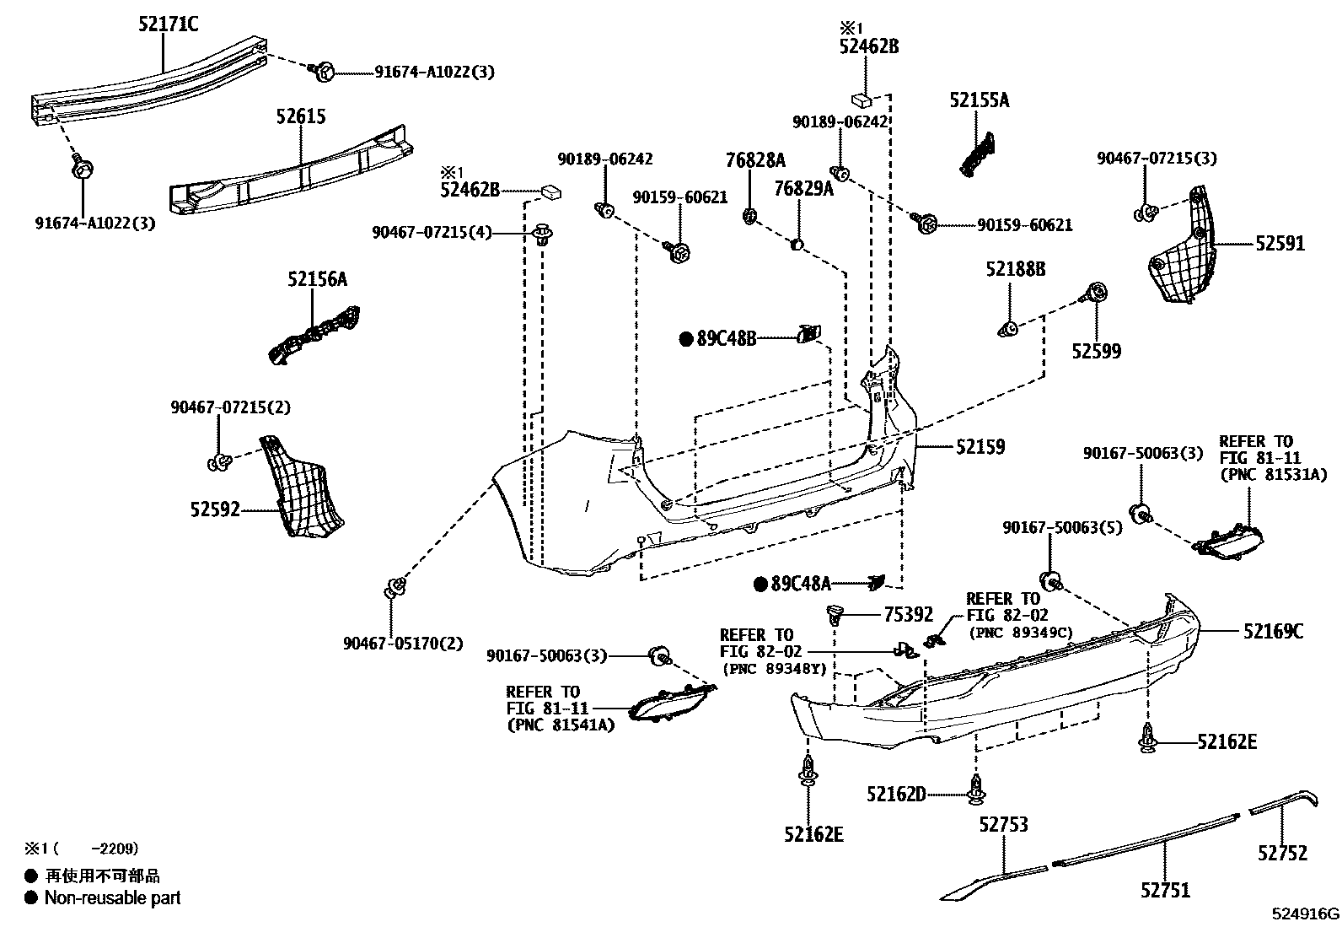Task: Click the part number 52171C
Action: (x=169, y=24)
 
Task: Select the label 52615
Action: (x=300, y=116)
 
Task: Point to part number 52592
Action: (x=215, y=509)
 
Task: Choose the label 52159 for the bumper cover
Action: (x=980, y=446)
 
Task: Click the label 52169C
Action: (x=1272, y=630)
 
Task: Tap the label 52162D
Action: (x=895, y=794)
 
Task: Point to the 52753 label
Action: (x=1003, y=824)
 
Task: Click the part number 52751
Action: (x=1165, y=889)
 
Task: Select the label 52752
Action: (x=1281, y=853)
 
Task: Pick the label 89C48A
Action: (x=801, y=583)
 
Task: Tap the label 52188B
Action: (x=1015, y=269)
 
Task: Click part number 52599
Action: (x=1096, y=351)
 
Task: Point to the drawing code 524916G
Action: (x=1305, y=914)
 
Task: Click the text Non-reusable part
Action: (x=112, y=897)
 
